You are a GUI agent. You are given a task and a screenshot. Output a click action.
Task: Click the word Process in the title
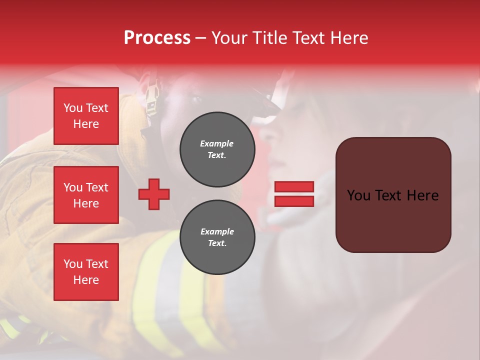157,38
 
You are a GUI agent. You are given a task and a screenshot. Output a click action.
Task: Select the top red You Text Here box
86,116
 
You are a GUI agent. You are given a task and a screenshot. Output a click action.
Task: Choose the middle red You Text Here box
86,195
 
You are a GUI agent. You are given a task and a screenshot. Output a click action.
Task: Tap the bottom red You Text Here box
86,272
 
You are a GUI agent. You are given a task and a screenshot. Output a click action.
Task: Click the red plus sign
154,194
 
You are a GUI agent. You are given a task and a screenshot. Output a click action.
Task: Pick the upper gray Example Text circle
217,149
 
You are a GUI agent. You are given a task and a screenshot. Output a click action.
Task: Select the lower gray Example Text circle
217,237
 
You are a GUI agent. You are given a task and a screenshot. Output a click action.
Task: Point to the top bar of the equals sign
294,186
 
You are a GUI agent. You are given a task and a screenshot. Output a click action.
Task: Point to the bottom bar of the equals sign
294,201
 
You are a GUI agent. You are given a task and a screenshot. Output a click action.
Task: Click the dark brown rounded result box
393,195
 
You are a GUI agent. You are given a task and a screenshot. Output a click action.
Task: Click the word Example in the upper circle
217,143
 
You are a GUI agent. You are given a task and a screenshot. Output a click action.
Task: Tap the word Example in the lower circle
217,231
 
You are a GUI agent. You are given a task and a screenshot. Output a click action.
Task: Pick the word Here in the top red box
86,124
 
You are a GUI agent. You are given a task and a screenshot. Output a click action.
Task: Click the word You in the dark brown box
358,195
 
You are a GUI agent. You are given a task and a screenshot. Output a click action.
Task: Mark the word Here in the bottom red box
86,280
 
